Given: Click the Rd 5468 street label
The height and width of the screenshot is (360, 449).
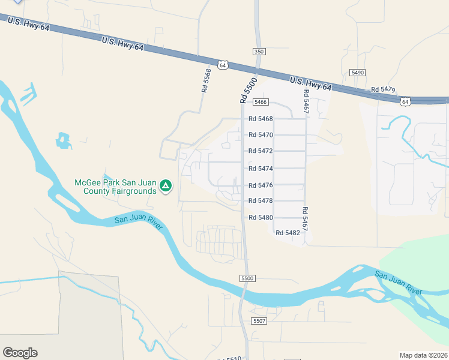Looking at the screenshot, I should [261, 119].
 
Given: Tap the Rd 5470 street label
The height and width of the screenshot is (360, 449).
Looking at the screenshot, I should [261, 135].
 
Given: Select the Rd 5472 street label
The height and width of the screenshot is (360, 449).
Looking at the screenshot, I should [261, 151].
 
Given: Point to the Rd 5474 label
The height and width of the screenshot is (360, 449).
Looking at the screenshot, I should [261, 169].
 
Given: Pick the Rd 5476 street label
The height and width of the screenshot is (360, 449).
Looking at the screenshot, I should [261, 185].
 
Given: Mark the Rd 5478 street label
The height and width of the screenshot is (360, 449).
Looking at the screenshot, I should [261, 201].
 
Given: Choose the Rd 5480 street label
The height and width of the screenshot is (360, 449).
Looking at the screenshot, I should [261, 218].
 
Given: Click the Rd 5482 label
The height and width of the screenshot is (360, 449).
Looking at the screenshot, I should [288, 232].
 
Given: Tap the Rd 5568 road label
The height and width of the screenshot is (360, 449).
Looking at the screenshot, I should [207, 80].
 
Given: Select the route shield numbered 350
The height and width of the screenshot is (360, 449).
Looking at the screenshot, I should [259, 52].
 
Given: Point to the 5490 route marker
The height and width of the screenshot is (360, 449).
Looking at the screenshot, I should [358, 72].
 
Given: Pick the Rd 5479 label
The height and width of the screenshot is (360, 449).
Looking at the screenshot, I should [383, 89].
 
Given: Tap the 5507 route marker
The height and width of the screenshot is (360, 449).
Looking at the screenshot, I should [259, 322].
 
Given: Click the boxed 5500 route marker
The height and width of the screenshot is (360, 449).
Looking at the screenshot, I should [247, 278].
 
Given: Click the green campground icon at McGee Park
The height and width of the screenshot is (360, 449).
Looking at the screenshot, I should [167, 187].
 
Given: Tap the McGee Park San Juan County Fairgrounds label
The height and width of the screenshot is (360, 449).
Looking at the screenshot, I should [115, 187].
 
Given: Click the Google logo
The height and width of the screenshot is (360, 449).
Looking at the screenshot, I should [20, 353].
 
